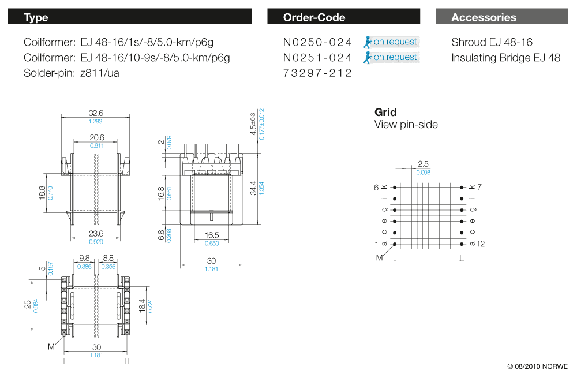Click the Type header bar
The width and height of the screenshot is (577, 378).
tap(130, 17)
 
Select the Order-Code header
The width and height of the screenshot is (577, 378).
tap(343, 17)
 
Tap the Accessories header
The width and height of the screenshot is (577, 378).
tap(502, 17)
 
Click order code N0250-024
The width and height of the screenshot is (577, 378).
tap(317, 42)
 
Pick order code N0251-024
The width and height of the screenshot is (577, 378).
tap(317, 58)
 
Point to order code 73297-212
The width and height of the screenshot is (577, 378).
tap(317, 73)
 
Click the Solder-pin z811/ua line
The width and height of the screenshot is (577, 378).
tap(72, 73)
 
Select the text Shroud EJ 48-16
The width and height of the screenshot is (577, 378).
tap(492, 42)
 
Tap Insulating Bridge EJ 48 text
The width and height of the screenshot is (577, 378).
tap(505, 58)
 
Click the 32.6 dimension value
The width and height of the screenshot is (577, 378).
tap(95, 113)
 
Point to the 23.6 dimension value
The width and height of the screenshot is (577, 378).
tap(95, 234)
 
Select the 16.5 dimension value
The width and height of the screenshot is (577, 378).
tap(212, 235)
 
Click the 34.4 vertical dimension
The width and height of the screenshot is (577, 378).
tap(253, 189)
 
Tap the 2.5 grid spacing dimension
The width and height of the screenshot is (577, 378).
tap(423, 164)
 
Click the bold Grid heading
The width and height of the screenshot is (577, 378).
tap(385, 112)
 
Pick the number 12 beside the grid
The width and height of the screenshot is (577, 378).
tap(481, 244)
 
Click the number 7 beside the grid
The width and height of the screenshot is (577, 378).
tap(479, 187)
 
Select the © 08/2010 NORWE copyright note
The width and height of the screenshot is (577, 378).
tap(537, 366)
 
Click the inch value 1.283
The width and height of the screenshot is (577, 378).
tap(95, 121)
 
